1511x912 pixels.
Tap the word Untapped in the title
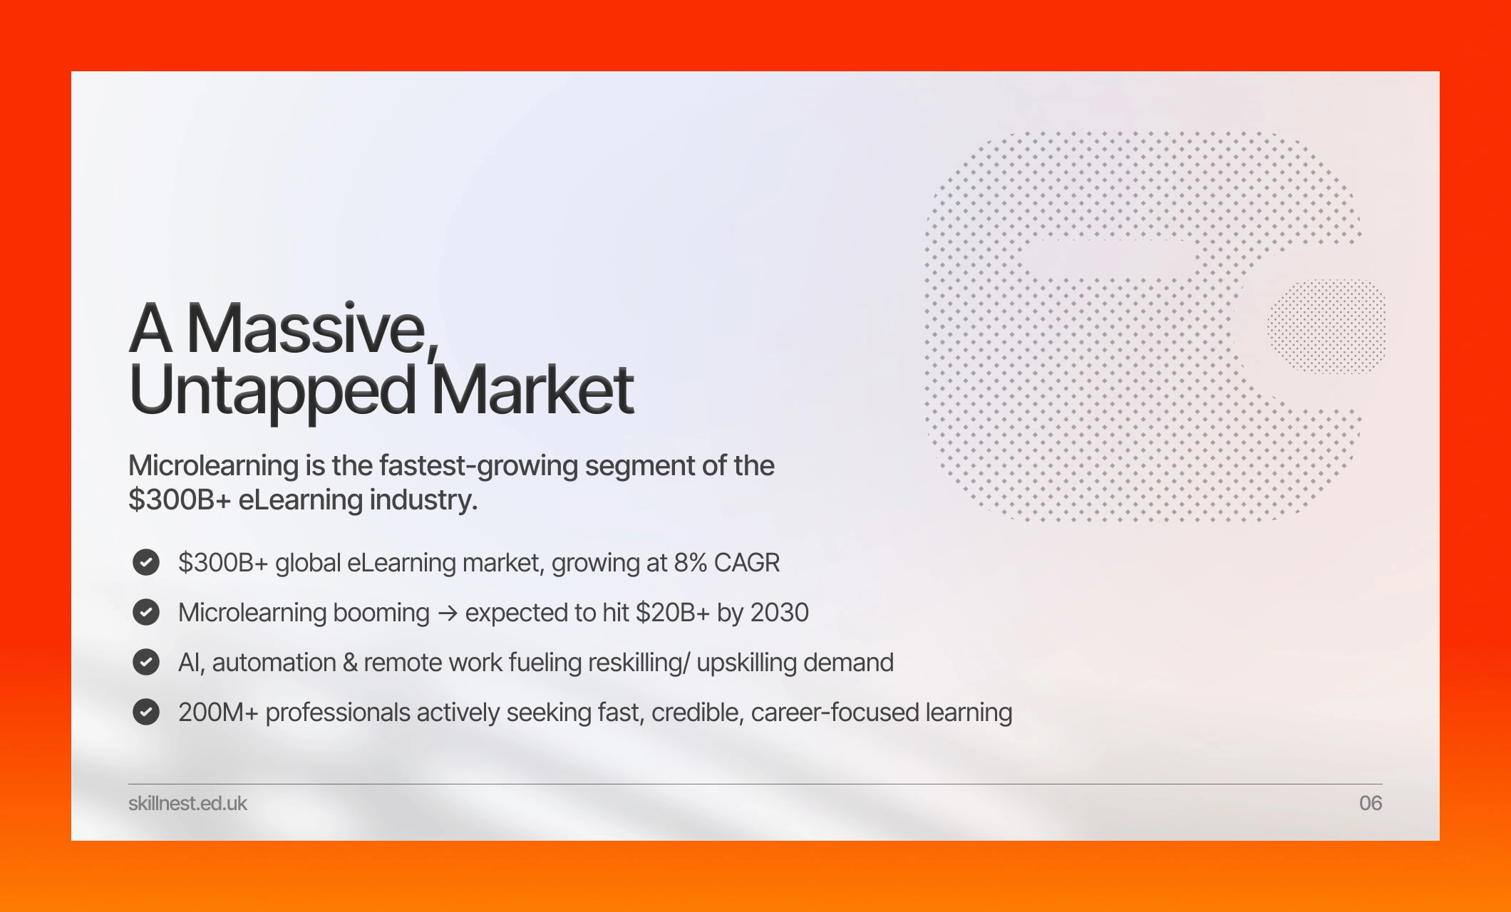[273, 390]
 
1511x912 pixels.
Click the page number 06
[1371, 803]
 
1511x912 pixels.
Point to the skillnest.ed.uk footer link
[187, 803]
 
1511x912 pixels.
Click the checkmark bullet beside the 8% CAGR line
[146, 562]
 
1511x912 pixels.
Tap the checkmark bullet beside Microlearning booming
[146, 612]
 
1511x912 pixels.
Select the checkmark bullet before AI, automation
[146, 662]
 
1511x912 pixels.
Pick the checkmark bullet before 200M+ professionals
[146, 712]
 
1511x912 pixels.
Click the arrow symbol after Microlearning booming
[448, 613]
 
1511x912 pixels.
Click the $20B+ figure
[672, 613]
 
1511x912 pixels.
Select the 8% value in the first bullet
[690, 563]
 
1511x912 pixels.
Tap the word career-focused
[835, 712]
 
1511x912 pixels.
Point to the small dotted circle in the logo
[1326, 326]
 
